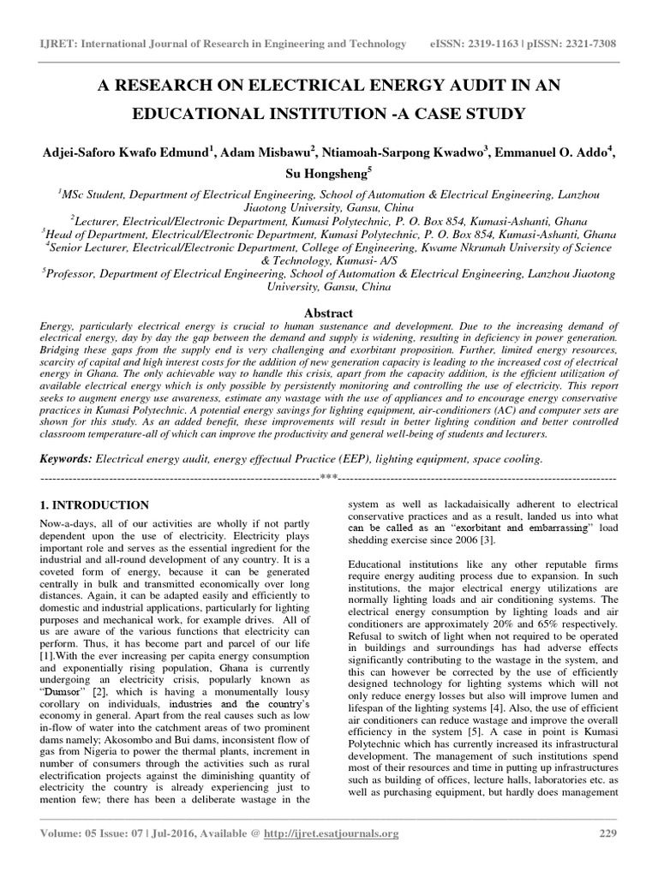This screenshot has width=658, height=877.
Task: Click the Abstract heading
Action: (329, 313)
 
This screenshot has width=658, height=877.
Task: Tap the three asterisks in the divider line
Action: (329, 476)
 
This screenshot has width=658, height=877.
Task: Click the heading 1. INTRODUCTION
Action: (95, 505)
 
